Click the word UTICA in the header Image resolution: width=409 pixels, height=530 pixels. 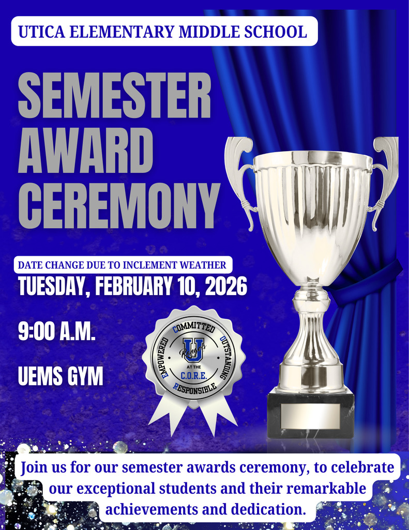click(x=39, y=32)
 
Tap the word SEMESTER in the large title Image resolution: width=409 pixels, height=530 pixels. click(x=114, y=96)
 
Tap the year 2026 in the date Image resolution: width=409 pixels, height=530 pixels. click(x=226, y=286)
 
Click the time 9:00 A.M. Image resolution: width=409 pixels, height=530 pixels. click(x=57, y=331)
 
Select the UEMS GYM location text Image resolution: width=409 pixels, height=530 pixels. click(x=60, y=376)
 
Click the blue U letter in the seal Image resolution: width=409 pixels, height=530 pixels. click(x=192, y=349)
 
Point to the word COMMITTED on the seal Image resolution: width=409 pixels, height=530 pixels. click(x=194, y=327)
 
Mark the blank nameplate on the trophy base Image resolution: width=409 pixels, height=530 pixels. click(x=310, y=416)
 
